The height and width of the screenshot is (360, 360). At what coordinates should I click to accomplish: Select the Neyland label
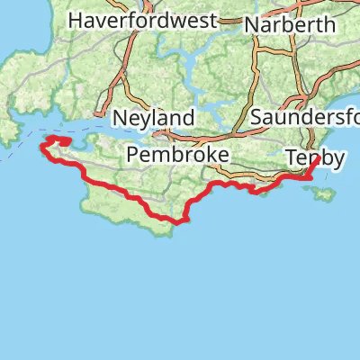[x=154, y=118]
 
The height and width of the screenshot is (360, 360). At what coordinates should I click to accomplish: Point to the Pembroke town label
[x=178, y=155]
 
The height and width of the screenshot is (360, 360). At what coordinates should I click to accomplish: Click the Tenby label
[x=315, y=157]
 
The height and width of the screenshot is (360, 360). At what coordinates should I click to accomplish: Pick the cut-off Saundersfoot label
[x=306, y=118]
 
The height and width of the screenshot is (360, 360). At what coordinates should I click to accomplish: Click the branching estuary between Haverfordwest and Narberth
[x=193, y=67]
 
